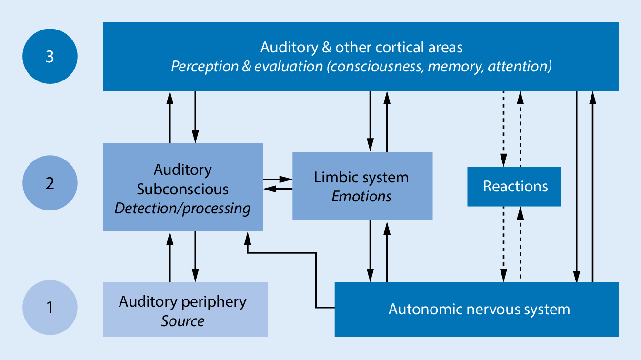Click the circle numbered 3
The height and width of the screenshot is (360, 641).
click(x=50, y=56)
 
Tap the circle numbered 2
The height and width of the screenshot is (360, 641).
click(x=50, y=183)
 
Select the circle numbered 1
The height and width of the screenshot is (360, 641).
click(x=50, y=307)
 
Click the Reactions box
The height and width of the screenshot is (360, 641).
click(x=514, y=186)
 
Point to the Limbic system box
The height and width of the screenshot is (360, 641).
click(x=362, y=186)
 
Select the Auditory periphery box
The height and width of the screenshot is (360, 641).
click(x=185, y=310)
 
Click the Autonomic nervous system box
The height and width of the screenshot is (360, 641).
click(x=476, y=310)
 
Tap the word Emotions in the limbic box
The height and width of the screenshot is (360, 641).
click(x=361, y=196)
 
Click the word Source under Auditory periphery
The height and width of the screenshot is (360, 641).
click(x=182, y=320)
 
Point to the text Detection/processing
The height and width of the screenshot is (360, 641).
click(x=182, y=209)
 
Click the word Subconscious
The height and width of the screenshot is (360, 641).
click(x=182, y=189)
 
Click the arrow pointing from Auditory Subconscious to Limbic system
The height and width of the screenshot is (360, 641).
click(x=278, y=180)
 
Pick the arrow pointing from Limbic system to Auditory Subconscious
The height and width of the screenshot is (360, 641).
click(x=278, y=189)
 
